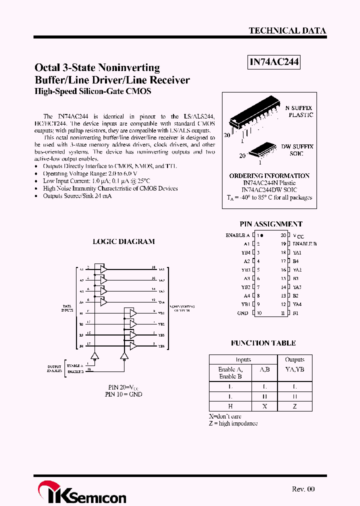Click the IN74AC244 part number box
coord(274,62)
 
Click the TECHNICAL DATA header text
coord(287,30)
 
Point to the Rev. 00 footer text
coord(303,489)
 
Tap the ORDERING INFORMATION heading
coord(269,176)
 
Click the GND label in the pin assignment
coord(243,313)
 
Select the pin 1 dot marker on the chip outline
coord(262,234)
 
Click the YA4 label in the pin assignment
coord(297,304)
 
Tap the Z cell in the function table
coord(294,406)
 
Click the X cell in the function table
coord(264,406)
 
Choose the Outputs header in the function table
coord(294,359)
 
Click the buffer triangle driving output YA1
coord(103,269)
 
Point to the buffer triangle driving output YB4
coord(133,345)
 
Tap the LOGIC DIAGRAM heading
coord(123,241)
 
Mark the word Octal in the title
coord(47,67)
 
